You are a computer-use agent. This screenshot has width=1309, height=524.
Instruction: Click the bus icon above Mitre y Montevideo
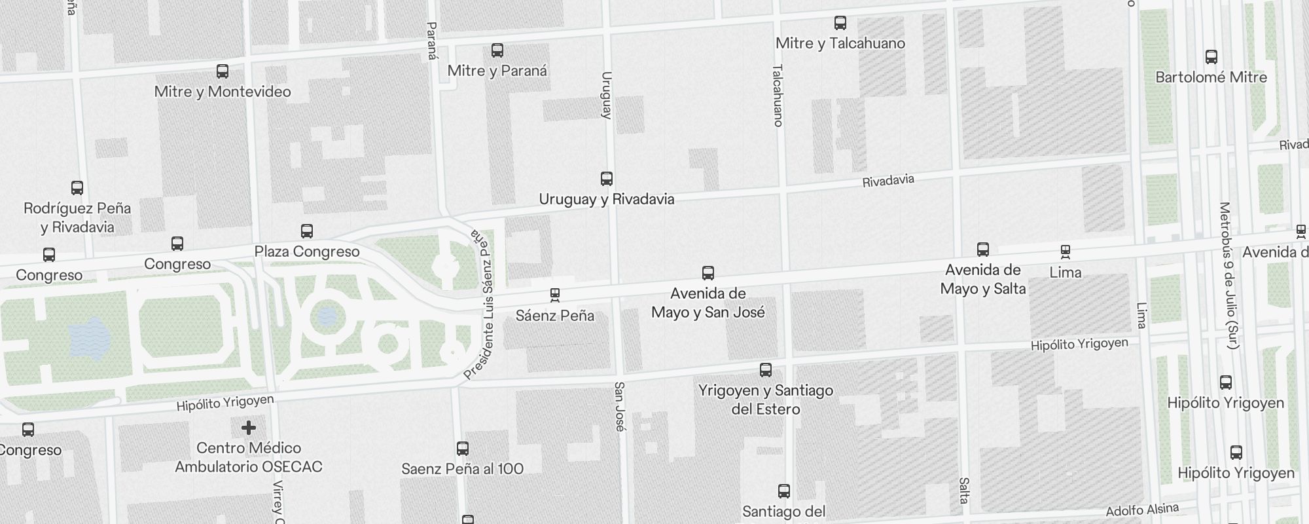tap(223, 71)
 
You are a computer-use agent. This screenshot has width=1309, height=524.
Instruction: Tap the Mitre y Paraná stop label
tap(497, 71)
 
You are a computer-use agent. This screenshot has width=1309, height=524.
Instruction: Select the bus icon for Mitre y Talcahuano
tap(840, 24)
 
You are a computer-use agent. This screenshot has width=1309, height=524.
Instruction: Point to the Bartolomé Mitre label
tap(1211, 77)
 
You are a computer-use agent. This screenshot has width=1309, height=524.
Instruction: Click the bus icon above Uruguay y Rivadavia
tap(607, 179)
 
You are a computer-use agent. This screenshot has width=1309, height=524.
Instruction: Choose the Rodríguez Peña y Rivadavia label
tap(77, 217)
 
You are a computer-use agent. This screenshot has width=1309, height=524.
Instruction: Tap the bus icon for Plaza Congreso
tap(307, 231)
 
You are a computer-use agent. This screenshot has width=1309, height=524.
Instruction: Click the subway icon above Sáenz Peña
tap(555, 295)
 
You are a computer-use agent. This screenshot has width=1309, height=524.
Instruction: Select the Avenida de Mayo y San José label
tap(708, 303)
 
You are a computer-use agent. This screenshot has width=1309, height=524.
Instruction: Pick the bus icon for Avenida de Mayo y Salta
tap(983, 250)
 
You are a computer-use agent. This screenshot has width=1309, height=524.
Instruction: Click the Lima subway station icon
tap(1066, 252)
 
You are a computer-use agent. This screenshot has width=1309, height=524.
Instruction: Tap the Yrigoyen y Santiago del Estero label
tap(766, 400)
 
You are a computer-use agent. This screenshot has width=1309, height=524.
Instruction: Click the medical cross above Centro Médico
tap(248, 428)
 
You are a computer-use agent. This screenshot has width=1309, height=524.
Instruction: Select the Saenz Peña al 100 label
tap(462, 469)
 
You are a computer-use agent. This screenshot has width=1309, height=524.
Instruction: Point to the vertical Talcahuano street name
tap(778, 95)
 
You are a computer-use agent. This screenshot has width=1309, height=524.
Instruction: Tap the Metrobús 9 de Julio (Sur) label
tap(1228, 275)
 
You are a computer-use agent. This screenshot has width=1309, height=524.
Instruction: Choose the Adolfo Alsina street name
tap(1142, 510)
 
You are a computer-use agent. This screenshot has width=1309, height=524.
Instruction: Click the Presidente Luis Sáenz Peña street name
tap(485, 305)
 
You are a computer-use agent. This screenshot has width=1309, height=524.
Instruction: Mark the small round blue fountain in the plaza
tap(327, 317)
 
